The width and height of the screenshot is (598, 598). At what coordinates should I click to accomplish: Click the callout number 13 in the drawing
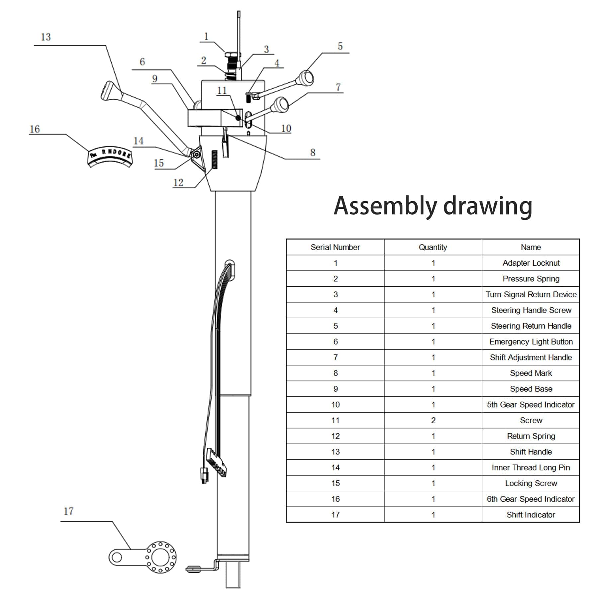coord(46,37)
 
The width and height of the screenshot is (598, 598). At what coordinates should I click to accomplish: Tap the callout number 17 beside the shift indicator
coord(68,511)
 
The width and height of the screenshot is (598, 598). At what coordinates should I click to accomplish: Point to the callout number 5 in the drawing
coord(340,46)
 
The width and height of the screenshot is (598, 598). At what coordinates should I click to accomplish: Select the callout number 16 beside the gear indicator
coord(35,129)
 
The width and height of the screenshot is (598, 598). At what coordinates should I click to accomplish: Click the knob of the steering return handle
coord(306,78)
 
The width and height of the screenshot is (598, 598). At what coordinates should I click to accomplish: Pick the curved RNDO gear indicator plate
coord(110,156)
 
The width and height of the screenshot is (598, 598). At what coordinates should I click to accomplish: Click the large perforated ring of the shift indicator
coord(161,557)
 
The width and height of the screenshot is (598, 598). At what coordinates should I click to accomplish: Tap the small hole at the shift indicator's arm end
coord(116,557)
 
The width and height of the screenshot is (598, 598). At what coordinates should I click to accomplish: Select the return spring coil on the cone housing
coord(215,159)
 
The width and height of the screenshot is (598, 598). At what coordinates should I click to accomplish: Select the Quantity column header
coord(433,247)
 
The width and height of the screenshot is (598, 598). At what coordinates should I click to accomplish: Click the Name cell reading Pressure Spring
coord(531,279)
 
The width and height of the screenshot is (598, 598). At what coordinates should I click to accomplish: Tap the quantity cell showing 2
coord(433,420)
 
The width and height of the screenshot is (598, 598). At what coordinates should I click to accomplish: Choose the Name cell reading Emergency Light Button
coord(531,342)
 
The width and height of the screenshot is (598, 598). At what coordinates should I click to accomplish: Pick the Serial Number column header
coord(335,247)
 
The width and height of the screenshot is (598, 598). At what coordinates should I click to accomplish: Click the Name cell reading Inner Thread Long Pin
coord(531,467)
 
